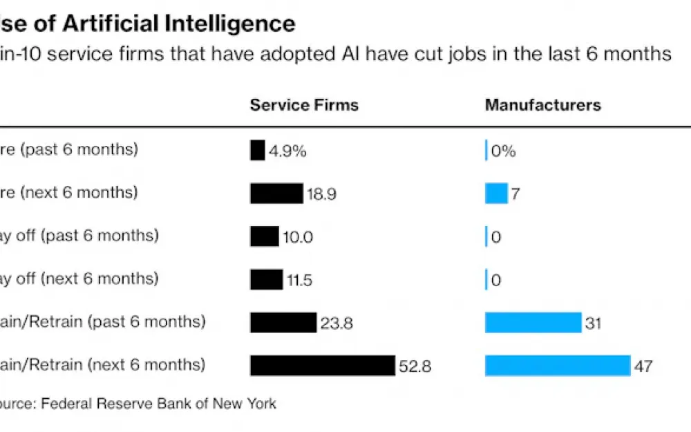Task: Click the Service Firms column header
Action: (x=304, y=105)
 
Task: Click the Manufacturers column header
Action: (x=542, y=105)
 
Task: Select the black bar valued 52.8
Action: (x=323, y=366)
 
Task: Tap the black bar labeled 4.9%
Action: (x=257, y=150)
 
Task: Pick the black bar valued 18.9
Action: (x=276, y=194)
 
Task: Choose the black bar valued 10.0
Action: (x=265, y=236)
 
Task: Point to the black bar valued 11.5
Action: (x=266, y=279)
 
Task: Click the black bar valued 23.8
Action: (x=283, y=322)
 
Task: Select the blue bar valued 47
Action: (x=558, y=366)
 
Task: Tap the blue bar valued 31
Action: (x=533, y=322)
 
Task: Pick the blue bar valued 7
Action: (x=496, y=194)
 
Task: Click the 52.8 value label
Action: (x=415, y=366)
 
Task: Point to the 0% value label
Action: (x=503, y=151)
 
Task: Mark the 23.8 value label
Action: (x=337, y=323)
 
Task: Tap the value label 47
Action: (x=643, y=366)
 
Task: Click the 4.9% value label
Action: (x=287, y=151)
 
